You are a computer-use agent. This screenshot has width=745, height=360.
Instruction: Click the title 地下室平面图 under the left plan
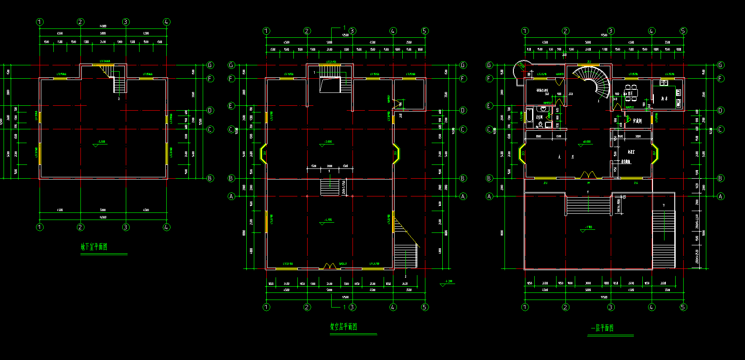[x=94, y=247]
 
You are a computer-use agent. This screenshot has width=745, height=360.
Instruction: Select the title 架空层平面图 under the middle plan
[x=343, y=328]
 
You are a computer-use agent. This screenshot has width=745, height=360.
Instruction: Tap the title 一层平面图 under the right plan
[x=602, y=328]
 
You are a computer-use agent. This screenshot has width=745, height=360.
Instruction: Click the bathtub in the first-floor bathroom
[x=529, y=117]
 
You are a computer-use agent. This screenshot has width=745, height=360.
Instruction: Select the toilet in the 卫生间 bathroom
[x=543, y=110]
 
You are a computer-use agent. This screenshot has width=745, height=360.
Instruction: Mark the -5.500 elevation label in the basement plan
[x=100, y=142]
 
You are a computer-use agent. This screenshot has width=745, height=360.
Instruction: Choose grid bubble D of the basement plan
[x=210, y=110]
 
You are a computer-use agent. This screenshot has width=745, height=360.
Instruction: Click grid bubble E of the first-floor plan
[x=489, y=106]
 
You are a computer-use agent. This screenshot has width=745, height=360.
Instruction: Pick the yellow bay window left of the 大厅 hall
[x=522, y=154]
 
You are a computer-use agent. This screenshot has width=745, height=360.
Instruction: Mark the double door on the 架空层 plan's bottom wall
[x=329, y=265]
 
